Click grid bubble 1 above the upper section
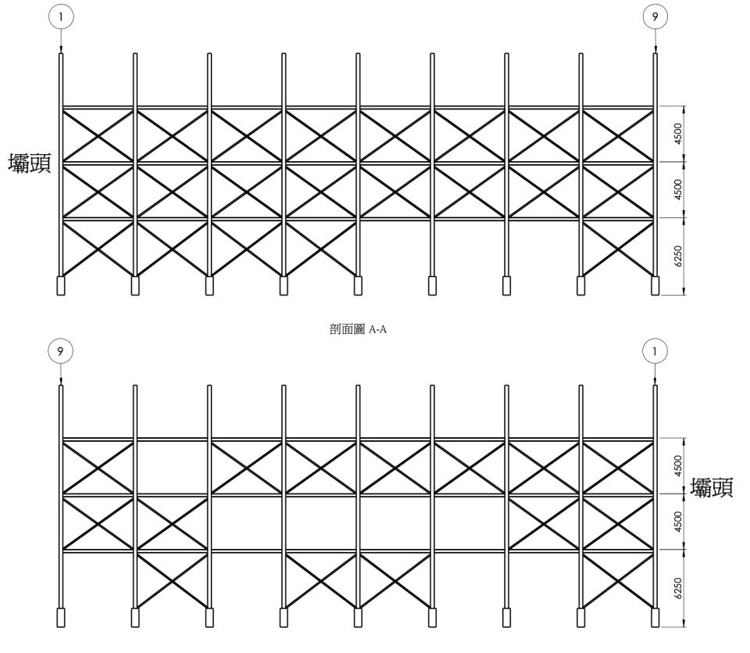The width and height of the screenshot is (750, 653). pos(61,16)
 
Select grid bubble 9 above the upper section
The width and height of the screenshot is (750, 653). pos(655,16)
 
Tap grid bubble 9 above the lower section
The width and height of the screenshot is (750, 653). pos(60,351)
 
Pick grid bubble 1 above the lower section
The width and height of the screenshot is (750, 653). pos(655,351)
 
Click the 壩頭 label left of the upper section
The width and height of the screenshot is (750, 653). pos(30,163)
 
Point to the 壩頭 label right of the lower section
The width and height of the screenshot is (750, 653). pos(711,488)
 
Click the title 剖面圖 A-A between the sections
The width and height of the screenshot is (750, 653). pos(358,329)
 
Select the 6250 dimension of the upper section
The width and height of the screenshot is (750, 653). pos(677,257)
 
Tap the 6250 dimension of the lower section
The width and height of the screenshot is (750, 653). pos(677,588)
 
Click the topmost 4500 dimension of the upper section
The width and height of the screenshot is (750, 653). pos(677,134)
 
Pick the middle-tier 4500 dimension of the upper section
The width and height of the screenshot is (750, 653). pos(677,189)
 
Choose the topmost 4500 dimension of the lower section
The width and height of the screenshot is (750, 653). pos(677,466)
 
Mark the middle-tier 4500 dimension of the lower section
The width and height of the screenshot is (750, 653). pos(677,522)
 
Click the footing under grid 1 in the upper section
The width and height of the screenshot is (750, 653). pos(61,285)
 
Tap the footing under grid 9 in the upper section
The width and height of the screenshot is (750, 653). pos(655,285)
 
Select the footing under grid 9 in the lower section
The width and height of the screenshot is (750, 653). pos(61,618)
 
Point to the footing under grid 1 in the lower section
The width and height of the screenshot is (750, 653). pos(655,618)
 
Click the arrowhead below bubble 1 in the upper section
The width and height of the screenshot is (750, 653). pos(61,50)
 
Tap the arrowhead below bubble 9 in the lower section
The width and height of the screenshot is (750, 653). pos(61,382)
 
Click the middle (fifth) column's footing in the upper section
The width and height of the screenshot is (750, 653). pos(358,285)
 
